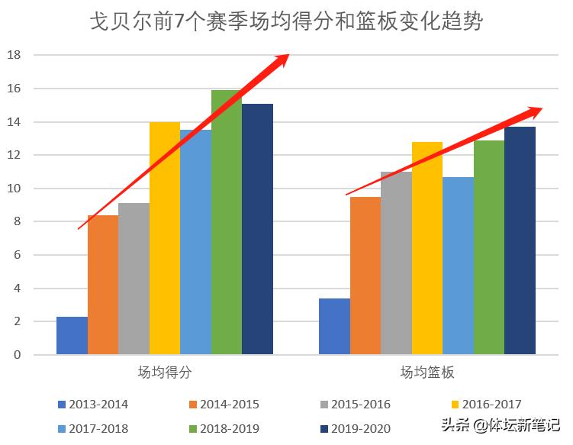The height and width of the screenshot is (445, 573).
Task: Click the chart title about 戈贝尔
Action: [286, 21]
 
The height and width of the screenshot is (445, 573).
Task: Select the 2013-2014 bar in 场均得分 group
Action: [72, 336]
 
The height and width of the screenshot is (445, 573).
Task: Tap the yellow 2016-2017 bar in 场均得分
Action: [164, 238]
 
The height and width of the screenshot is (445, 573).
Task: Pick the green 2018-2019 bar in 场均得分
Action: [226, 222]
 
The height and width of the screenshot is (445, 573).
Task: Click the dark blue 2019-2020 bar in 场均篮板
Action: [520, 240]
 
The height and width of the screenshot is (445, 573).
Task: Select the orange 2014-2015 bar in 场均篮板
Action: [365, 276]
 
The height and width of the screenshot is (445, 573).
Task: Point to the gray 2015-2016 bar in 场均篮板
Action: [396, 263]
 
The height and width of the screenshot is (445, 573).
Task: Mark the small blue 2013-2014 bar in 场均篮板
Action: [334, 327]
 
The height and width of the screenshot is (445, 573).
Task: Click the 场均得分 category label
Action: [165, 372]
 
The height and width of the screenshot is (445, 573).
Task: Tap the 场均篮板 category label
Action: [427, 372]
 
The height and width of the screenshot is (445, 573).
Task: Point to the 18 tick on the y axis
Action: [14, 56]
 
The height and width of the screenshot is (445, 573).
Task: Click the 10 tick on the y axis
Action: [14, 189]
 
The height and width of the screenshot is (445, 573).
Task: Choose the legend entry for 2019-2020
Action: [354, 428]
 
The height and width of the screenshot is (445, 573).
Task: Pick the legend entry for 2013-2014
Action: [92, 404]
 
